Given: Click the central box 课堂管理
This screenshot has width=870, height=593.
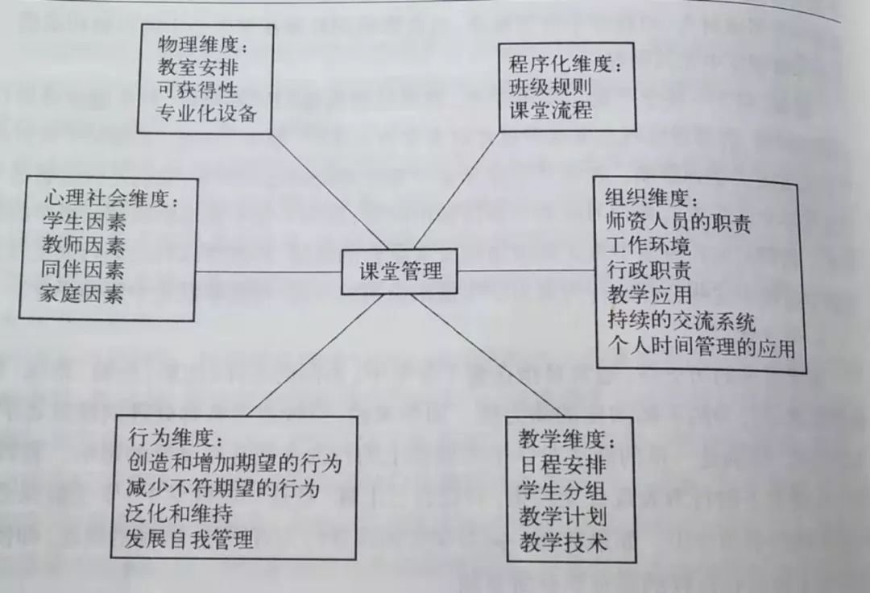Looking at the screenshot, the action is (399, 272).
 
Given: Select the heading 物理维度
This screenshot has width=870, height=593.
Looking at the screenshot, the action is (203, 44).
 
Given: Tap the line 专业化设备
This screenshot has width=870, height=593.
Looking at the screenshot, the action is (207, 113).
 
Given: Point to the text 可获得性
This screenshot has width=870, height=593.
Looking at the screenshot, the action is (198, 90).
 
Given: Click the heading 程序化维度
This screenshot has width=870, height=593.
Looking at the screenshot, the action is (565, 64).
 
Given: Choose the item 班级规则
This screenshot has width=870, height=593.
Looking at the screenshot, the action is (550, 87).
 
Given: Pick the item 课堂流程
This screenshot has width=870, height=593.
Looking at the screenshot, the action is (551, 110).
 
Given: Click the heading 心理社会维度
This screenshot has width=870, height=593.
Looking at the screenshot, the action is (112, 198).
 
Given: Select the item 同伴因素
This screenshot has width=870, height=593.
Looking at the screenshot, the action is (83, 270).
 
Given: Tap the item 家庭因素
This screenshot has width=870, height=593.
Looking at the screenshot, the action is (81, 294).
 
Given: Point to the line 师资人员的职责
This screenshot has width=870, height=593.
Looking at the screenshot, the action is (678, 222).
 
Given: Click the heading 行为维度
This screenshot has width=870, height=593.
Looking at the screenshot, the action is (176, 437).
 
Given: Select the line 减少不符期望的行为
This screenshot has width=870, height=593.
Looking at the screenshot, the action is (223, 488).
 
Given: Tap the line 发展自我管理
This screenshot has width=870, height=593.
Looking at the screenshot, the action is (189, 539).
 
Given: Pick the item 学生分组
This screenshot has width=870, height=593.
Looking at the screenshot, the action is (562, 491).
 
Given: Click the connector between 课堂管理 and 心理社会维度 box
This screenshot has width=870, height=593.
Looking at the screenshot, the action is (268, 272).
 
